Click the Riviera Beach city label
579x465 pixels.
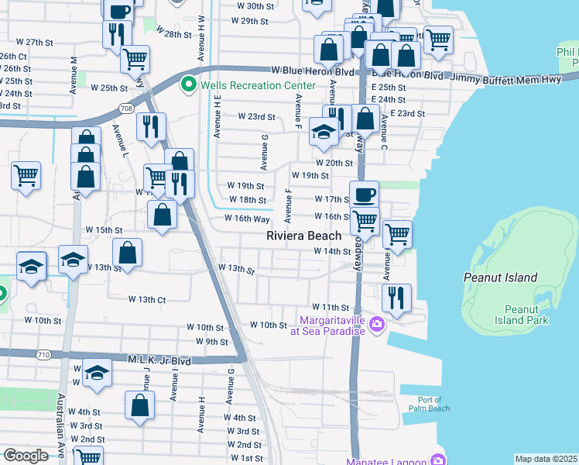pyautogui.click(x=304, y=236)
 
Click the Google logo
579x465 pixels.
pyautogui.click(x=26, y=456)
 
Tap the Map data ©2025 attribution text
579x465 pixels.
pyautogui.click(x=546, y=459)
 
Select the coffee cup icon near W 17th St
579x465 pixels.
pyautogui.click(x=364, y=195)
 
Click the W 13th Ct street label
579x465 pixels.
pyautogui.click(x=147, y=299)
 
